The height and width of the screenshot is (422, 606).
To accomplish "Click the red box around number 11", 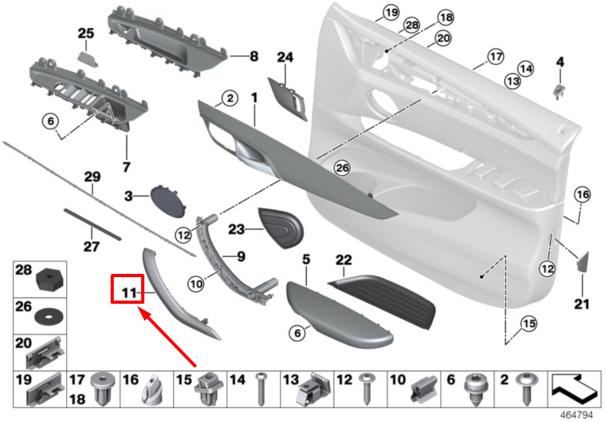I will click(x=128, y=288).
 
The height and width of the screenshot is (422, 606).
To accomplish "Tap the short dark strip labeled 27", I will click(x=92, y=223).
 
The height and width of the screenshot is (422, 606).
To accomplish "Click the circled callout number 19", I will click(x=390, y=12).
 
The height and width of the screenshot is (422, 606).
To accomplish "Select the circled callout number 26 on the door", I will click(x=343, y=168).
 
